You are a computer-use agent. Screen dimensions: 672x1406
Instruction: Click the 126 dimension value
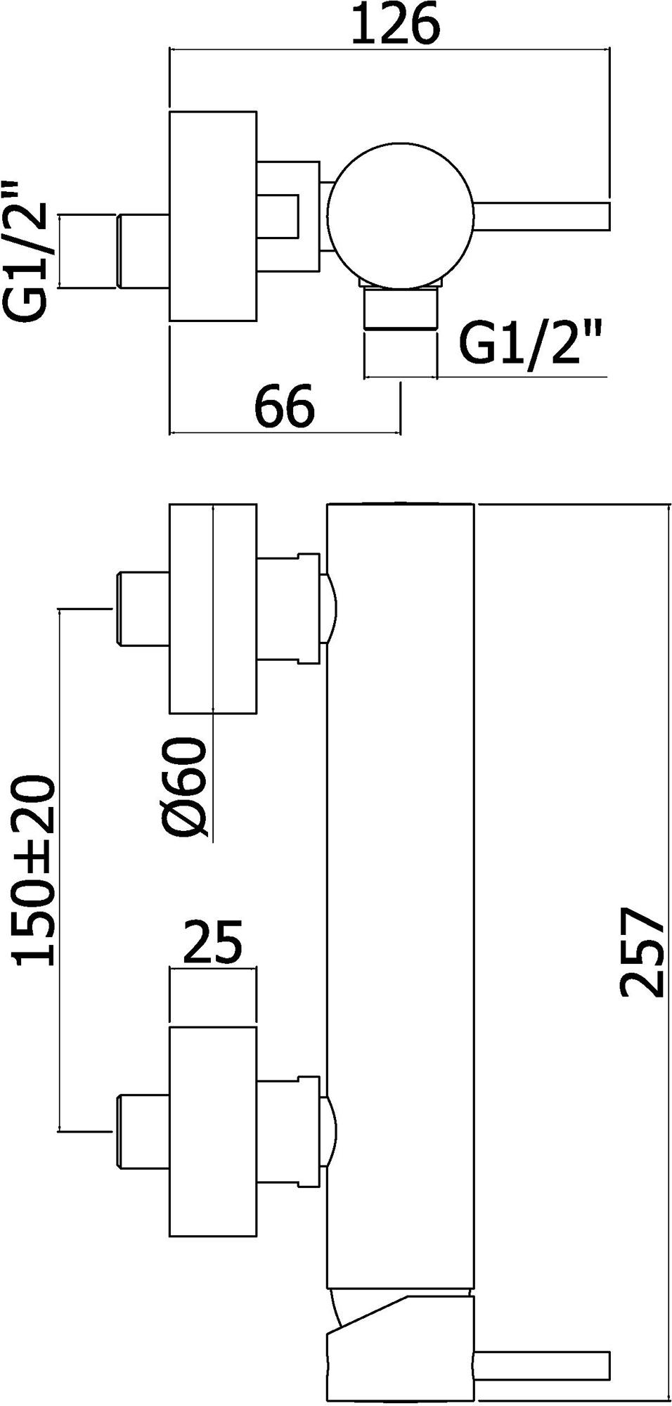pyautogui.click(x=395, y=25)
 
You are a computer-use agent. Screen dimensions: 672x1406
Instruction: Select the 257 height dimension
pyautogui.click(x=642, y=953)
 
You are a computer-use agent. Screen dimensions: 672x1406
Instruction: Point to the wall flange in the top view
pyautogui.click(x=212, y=216)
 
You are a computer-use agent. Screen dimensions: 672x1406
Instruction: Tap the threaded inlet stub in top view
pyautogui.click(x=143, y=251)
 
